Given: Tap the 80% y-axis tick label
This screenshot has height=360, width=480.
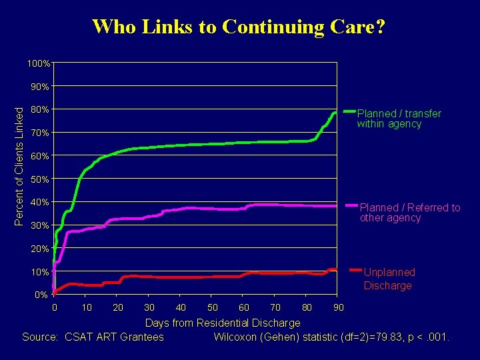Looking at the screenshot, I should (41, 109).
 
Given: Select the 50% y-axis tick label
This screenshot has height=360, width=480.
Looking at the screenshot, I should (41, 179).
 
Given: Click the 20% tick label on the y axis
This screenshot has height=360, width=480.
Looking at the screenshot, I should (41, 249).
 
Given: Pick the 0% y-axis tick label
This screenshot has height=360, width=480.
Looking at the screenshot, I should (41, 295).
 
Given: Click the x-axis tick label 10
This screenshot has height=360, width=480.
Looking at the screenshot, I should (86, 307).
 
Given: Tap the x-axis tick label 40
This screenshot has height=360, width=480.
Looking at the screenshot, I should (181, 307).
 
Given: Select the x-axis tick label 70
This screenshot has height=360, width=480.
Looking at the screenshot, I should (275, 307).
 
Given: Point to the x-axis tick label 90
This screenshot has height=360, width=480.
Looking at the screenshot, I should (339, 307).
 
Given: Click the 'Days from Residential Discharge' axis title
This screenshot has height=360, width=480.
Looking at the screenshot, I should (223, 323).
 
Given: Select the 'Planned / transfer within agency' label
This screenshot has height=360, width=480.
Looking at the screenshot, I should (399, 119).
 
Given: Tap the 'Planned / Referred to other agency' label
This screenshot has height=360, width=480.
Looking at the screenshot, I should (409, 213).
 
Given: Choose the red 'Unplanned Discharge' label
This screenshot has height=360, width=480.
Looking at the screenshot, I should (389, 279).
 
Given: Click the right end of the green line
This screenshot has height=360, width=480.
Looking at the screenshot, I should (335, 113).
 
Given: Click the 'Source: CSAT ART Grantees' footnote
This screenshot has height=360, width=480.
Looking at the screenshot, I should (93, 337).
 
